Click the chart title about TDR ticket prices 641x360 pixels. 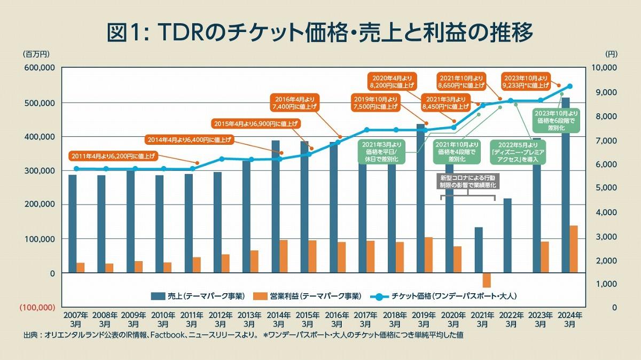pyautogui.click(x=320, y=32)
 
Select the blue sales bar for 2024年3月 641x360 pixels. pyautogui.click(x=565, y=187)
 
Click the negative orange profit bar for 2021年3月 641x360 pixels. pyautogui.click(x=487, y=280)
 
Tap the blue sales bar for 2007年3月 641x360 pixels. pyautogui.click(x=72, y=224)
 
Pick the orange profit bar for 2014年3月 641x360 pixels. pyautogui.click(x=283, y=256)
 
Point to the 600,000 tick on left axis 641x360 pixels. pyautogui.click(x=40, y=68)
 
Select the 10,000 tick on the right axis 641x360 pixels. pyautogui.click(x=606, y=68)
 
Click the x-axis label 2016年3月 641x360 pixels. pyautogui.click(x=337, y=319)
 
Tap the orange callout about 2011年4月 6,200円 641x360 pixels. pyautogui.click(x=114, y=156)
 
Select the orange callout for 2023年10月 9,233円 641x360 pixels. pyautogui.click(x=526, y=81)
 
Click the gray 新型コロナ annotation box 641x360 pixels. pyautogui.click(x=467, y=181)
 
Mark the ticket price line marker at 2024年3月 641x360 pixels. pyautogui.click(x=569, y=87)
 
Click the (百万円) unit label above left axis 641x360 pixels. pyautogui.click(x=36, y=54)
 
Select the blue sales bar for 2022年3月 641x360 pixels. pyautogui.click(x=507, y=236)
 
